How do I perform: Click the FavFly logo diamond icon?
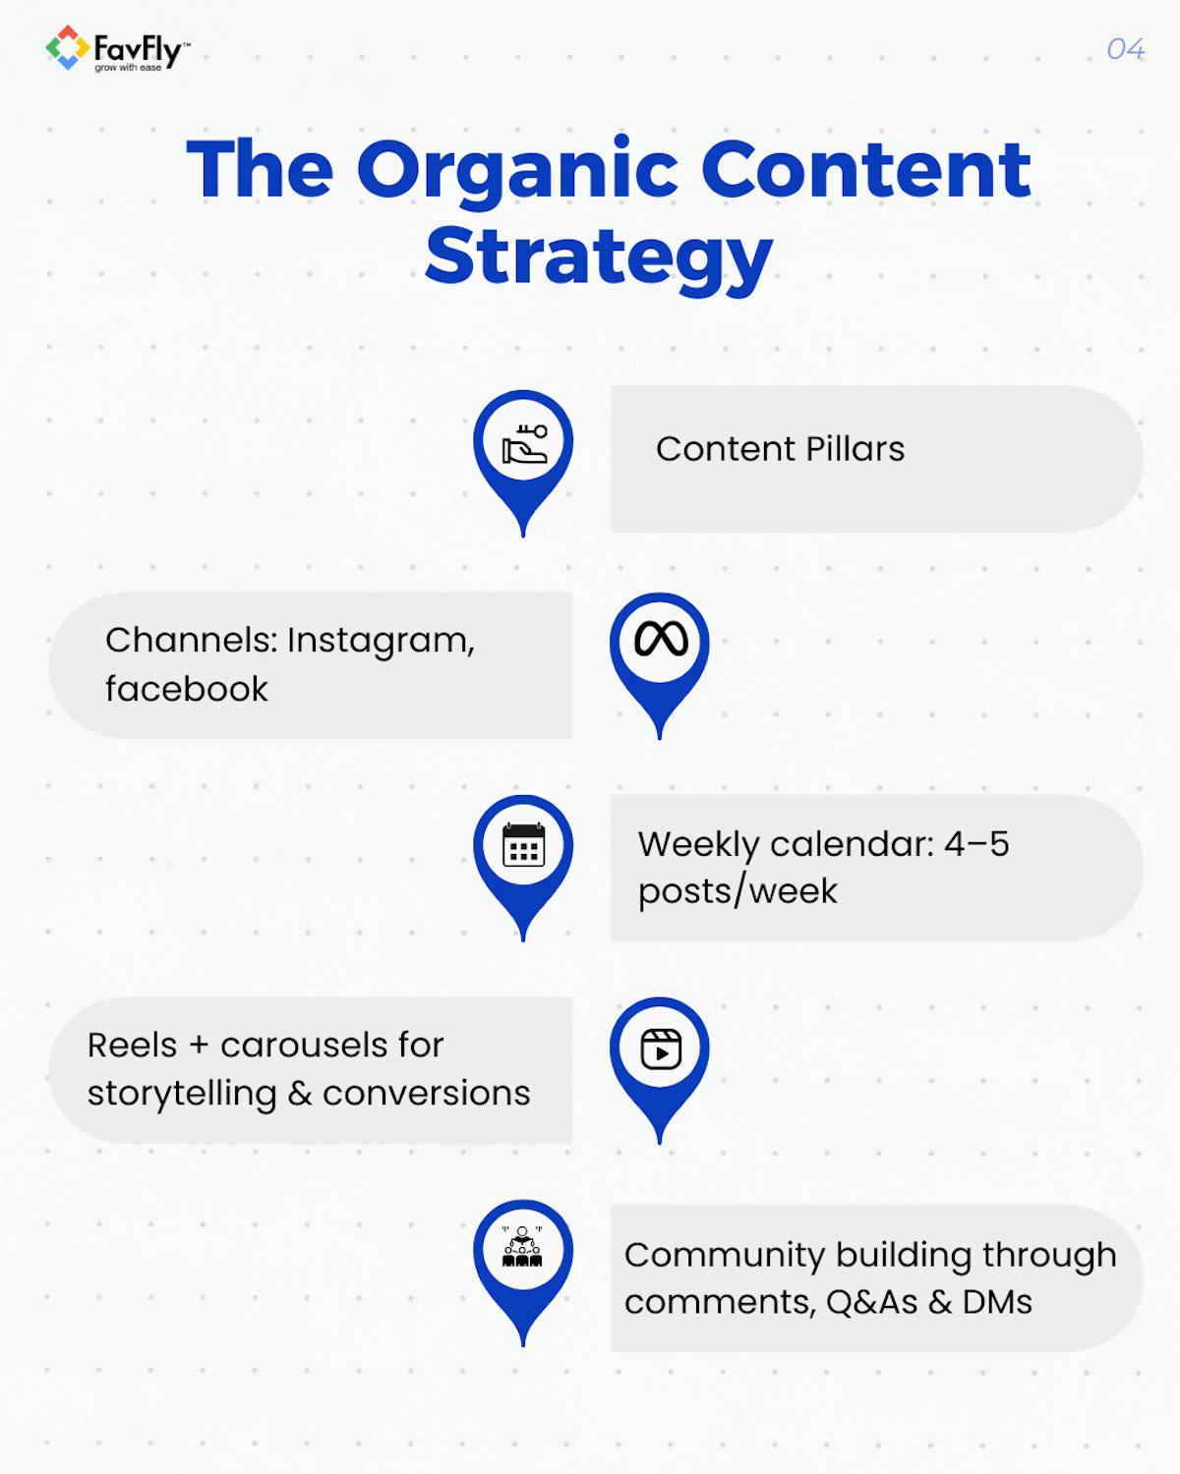tap(67, 48)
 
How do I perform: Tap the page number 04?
tap(1125, 49)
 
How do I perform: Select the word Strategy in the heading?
tap(599, 256)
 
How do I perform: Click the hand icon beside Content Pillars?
tap(524, 444)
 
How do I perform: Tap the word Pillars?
tap(855, 449)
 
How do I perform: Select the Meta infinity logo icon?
tap(661, 640)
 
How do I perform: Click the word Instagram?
tap(381, 641)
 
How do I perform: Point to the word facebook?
tap(186, 689)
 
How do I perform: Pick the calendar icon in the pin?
tap(523, 845)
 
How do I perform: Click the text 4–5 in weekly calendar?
tap(975, 844)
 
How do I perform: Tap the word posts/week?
tap(737, 891)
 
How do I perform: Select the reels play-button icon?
tap(661, 1049)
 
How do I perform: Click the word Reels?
tap(132, 1045)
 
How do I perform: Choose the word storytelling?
tap(182, 1093)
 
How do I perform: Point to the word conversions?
tap(426, 1093)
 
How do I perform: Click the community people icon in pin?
tap(522, 1248)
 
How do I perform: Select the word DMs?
tap(997, 1302)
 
